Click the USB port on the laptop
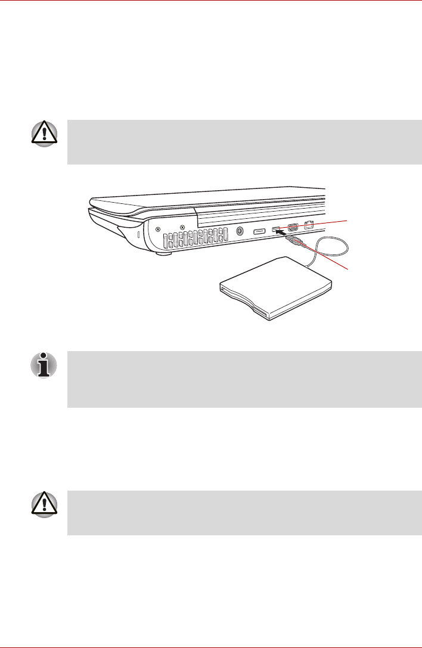(276, 230)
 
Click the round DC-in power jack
(240, 232)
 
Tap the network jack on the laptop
(309, 226)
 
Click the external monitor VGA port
(293, 227)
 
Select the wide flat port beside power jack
(260, 231)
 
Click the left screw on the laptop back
(157, 228)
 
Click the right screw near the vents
(182, 228)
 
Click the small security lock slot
(139, 236)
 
